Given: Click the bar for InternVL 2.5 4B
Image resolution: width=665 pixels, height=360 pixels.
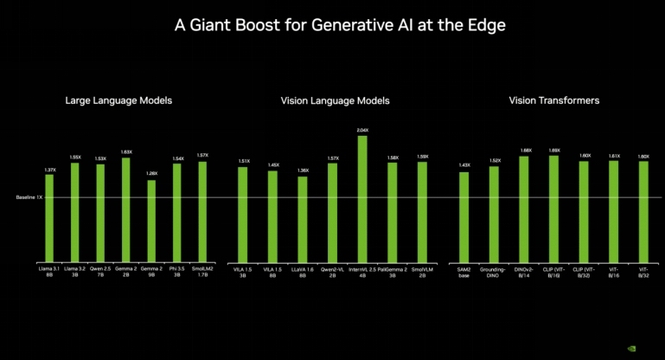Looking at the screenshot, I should click(362, 198).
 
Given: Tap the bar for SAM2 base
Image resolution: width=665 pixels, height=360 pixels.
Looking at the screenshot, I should click(464, 216).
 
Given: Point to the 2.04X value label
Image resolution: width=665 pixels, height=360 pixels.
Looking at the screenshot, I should click(362, 130).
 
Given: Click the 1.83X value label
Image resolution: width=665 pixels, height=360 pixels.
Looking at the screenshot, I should click(125, 151).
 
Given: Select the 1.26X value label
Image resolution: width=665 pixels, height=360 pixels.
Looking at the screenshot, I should click(151, 173).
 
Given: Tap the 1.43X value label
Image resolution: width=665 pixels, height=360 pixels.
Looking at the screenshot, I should click(464, 165).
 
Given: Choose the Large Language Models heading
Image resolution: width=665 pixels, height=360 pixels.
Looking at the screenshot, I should click(118, 101).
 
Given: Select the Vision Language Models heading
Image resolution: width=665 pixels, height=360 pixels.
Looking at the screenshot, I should click(336, 101).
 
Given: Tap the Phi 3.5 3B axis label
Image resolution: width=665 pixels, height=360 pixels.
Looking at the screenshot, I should click(177, 273).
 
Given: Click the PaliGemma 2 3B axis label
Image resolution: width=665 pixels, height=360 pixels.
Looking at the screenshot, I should click(392, 273).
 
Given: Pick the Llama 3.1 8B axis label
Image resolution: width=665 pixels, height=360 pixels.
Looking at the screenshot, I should click(49, 273).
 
